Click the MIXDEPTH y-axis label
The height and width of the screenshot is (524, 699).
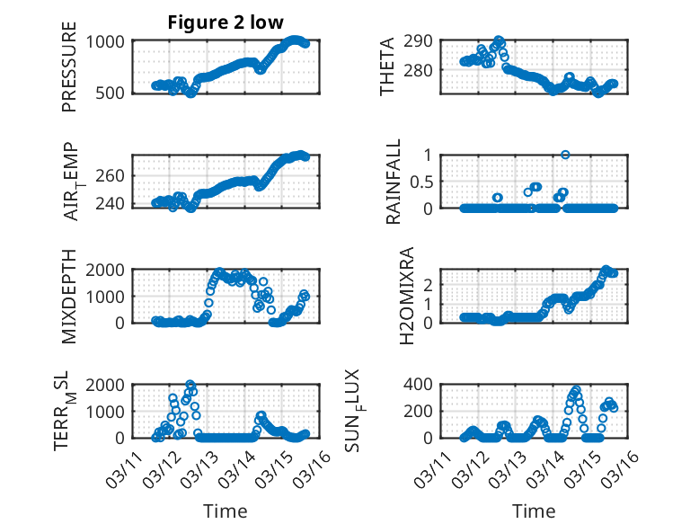pos(70,298)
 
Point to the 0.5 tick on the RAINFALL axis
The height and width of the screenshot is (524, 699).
pos(421,182)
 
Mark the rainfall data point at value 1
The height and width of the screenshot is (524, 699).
pos(565,155)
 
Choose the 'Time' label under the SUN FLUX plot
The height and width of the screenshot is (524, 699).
pos(534,511)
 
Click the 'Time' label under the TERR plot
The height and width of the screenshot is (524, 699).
pos(225,511)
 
